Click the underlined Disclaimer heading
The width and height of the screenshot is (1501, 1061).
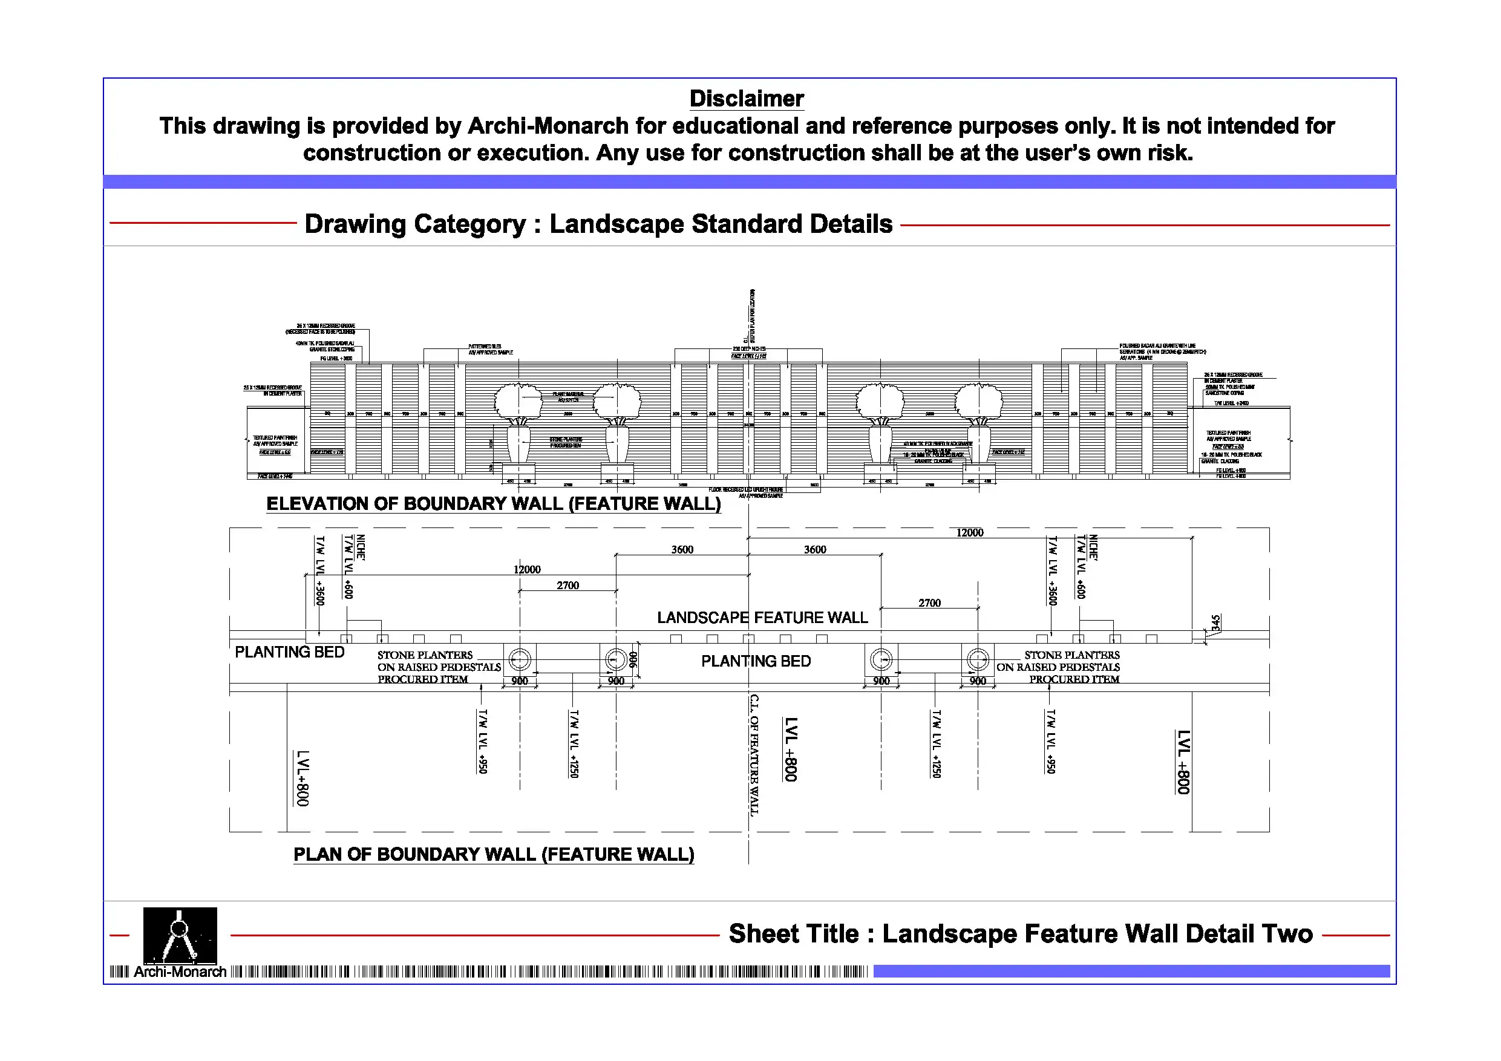pos(746,99)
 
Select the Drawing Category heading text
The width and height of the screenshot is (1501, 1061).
pos(598,224)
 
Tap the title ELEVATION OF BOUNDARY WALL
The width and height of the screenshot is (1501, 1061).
pos(493,504)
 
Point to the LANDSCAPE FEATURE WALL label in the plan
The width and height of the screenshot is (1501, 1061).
pos(762,618)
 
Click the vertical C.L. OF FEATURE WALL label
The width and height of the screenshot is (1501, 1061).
pos(754,755)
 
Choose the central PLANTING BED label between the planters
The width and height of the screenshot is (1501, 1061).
pos(756,662)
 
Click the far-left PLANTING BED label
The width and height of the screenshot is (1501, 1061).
pos(289,653)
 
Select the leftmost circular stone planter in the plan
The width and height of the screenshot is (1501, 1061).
pos(520,659)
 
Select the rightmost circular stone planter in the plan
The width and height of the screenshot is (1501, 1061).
pos(977,659)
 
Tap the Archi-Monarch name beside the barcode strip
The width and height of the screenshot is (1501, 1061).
pos(180,972)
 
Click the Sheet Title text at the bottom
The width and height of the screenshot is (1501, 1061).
pos(1020,934)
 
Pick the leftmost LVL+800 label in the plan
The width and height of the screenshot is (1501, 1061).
pos(302,778)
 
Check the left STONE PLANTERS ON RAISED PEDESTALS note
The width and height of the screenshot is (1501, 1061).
pos(438,667)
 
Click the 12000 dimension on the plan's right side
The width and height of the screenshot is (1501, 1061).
pos(969,533)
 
